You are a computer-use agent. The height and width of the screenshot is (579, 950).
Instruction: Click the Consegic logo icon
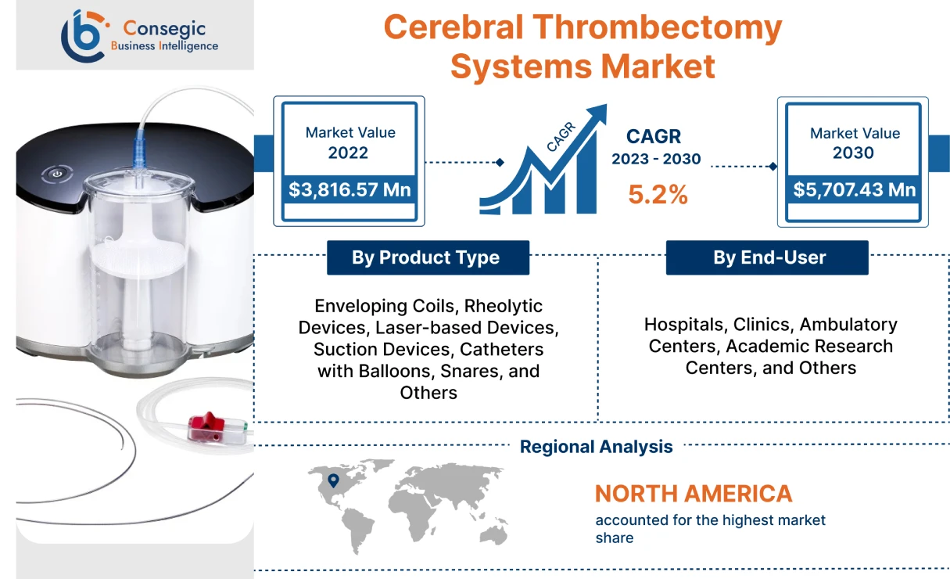point(83,35)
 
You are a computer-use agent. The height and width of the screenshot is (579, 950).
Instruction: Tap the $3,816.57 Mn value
point(350,189)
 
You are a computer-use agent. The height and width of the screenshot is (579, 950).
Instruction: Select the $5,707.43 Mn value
point(854,189)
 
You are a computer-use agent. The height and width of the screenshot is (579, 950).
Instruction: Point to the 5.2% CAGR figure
point(658,194)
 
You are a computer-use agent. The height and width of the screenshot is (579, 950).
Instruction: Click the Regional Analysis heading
point(596,447)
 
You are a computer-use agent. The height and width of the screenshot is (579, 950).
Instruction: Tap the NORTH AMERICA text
point(693,494)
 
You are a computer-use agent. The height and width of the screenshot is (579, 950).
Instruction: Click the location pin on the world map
point(334,480)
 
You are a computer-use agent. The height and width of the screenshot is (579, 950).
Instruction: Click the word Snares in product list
point(475,370)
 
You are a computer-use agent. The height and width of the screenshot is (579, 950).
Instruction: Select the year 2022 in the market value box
point(348,153)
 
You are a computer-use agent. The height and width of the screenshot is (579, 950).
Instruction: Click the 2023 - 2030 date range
point(655,159)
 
